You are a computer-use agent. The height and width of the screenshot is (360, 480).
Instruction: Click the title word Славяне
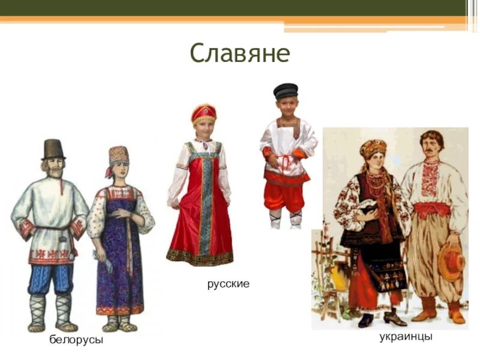(240, 53)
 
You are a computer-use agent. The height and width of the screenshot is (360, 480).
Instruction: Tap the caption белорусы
(76, 340)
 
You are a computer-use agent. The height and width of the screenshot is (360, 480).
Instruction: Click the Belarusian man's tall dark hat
(53, 149)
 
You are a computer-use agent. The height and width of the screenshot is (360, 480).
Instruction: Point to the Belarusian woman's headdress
(118, 156)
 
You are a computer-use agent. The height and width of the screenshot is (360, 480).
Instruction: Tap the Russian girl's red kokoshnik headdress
(204, 112)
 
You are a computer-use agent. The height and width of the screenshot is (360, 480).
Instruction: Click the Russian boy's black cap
(286, 91)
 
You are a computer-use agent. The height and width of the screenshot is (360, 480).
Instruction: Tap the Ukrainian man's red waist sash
(432, 209)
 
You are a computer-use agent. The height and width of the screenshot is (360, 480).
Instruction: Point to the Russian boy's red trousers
(284, 196)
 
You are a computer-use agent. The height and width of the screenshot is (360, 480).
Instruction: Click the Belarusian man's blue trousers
(52, 279)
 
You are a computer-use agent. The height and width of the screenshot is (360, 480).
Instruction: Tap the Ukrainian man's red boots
(425, 309)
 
